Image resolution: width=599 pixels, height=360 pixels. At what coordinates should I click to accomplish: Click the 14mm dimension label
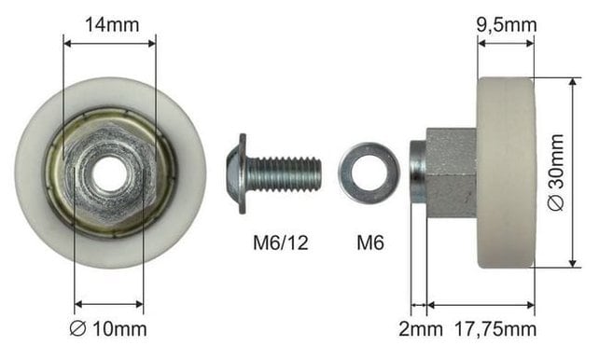click(112, 25)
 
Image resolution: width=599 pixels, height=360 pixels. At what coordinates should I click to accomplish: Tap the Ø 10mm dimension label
click(108, 328)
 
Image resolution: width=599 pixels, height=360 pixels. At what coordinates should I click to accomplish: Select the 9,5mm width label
click(507, 25)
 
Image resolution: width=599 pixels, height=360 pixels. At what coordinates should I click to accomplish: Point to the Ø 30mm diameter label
click(555, 173)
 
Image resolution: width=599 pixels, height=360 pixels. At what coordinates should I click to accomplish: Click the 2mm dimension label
click(421, 328)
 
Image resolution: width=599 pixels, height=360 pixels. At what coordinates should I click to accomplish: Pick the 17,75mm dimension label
click(495, 329)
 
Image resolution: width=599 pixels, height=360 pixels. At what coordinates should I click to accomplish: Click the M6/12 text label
click(281, 242)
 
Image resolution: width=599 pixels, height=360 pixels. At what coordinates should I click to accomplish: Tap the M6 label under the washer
click(370, 242)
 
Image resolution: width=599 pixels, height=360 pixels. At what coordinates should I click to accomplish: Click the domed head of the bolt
click(236, 173)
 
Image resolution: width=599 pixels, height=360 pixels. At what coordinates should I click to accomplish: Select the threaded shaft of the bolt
click(285, 174)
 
